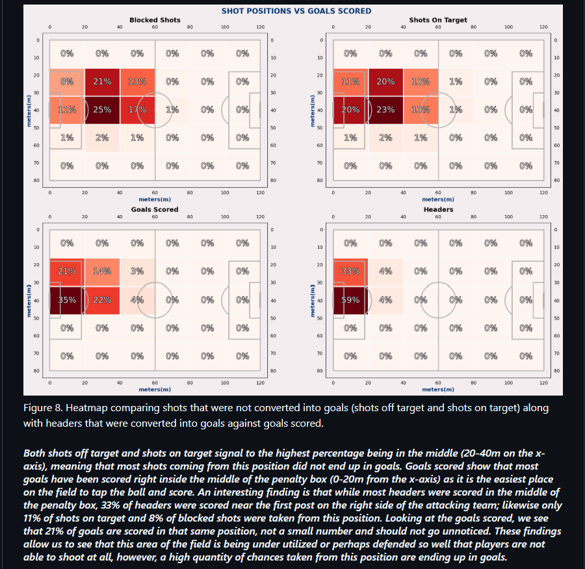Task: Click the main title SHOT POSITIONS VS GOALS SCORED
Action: (x=296, y=11)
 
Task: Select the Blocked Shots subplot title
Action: (x=155, y=20)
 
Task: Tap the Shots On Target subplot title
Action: (x=438, y=20)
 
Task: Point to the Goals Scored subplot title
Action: (x=155, y=210)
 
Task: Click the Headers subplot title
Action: (x=438, y=210)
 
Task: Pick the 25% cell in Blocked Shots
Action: (x=102, y=110)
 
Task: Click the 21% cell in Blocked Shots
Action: (x=102, y=82)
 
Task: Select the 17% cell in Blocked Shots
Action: (x=137, y=110)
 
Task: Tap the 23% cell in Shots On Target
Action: (x=385, y=110)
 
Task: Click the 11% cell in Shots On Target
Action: (x=350, y=82)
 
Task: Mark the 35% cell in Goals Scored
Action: (x=67, y=300)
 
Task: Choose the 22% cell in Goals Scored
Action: (x=102, y=300)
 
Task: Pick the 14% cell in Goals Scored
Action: (x=102, y=272)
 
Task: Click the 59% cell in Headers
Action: (x=350, y=300)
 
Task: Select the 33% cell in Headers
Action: (x=350, y=272)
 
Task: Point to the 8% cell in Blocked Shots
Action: (x=67, y=82)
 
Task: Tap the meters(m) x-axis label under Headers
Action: (x=438, y=389)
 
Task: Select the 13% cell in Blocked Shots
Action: (x=137, y=82)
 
